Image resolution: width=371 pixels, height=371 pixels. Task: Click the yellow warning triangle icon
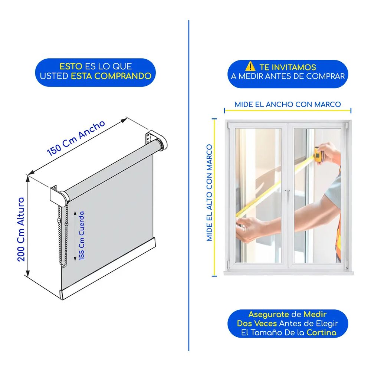point(250,66)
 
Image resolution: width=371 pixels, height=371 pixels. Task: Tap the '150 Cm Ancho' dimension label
point(76,138)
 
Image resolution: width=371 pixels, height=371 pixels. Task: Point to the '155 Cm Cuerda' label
point(82,236)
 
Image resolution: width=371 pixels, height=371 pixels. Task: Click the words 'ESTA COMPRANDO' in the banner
point(111,76)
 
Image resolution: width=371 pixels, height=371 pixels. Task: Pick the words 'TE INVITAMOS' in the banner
point(288,67)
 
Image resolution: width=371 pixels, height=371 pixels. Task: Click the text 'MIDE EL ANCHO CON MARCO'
point(288,104)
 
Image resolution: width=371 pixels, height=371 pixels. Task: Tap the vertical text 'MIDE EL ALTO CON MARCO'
point(209,193)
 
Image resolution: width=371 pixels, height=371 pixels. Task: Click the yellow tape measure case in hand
point(318,154)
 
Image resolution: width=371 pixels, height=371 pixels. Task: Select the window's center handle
point(287,194)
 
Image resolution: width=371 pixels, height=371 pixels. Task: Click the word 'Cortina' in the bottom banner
point(321,332)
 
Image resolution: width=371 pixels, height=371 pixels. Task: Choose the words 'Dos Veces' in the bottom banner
point(257,323)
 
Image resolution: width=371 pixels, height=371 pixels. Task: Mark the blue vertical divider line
point(188,185)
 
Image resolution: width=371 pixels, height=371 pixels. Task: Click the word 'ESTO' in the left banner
point(71,66)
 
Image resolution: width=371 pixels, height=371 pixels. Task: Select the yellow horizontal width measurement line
point(288,110)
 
